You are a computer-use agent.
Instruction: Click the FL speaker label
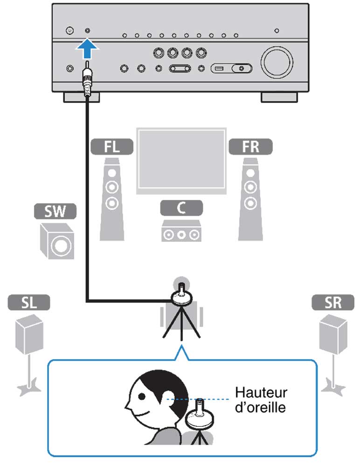click(x=111, y=147)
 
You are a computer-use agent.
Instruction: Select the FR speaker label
click(x=250, y=147)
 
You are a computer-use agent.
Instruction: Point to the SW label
click(x=55, y=212)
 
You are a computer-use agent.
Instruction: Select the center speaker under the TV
click(x=181, y=231)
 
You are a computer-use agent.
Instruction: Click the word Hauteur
click(x=261, y=392)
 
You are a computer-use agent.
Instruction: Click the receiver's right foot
click(x=279, y=97)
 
